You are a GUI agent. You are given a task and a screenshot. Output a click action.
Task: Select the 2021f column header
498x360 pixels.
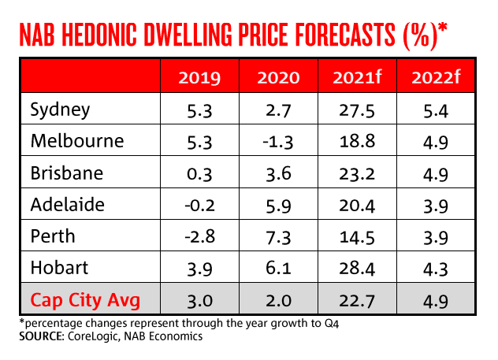tap(353, 79)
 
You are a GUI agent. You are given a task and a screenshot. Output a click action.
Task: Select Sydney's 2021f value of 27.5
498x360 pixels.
tap(353, 109)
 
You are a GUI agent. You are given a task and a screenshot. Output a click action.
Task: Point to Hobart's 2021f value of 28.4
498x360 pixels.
tap(353, 268)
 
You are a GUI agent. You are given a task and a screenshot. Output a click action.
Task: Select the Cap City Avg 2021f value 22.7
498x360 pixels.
tap(353, 299)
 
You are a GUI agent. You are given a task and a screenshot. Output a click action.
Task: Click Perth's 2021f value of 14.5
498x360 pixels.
tap(353, 236)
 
